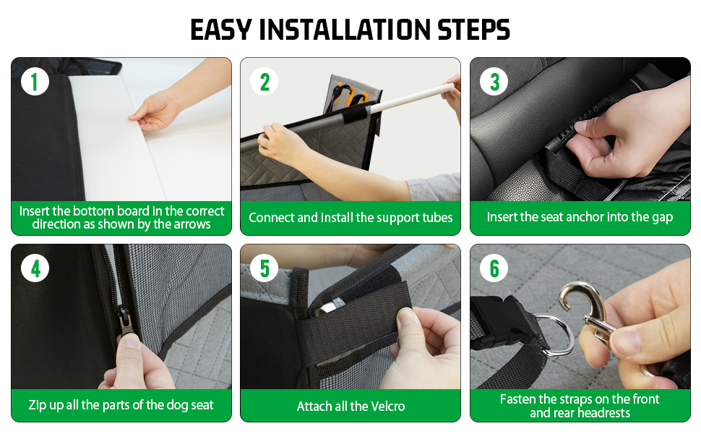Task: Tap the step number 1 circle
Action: pos(35,82)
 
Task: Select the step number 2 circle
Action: pos(265,82)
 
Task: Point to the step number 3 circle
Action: pos(494,82)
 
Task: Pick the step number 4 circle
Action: pos(35,268)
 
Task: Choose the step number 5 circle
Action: pos(265,268)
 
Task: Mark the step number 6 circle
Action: pos(494,268)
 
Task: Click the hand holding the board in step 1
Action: pos(159,110)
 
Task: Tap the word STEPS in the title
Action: pos(473,30)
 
